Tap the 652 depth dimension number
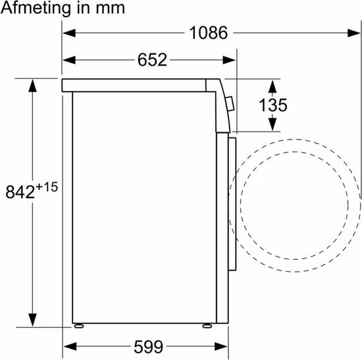point(152,60)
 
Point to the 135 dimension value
point(271,105)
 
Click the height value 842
point(20,192)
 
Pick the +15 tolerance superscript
point(47,187)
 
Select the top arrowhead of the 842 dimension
point(32,83)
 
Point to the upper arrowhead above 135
point(272,84)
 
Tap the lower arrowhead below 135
point(272,126)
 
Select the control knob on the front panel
point(228,103)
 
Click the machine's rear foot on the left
point(80,324)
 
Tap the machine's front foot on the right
point(206,324)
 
